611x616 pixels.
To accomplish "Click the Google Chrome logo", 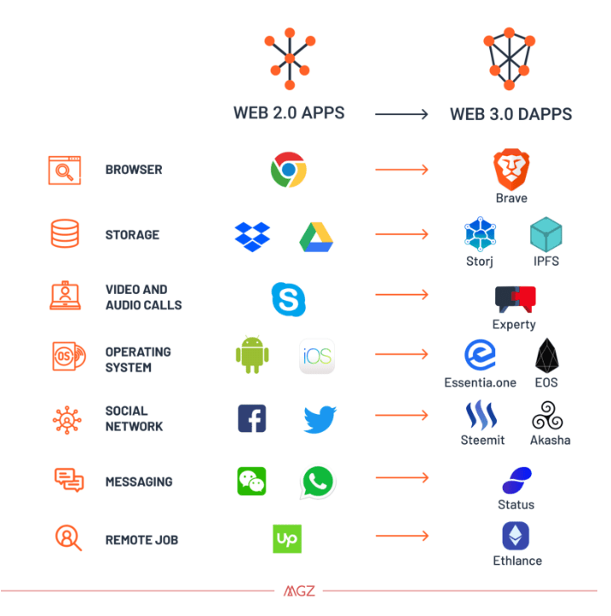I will click(x=288, y=170).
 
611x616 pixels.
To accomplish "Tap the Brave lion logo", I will click(x=511, y=169).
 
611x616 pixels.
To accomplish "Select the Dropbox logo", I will click(x=252, y=236).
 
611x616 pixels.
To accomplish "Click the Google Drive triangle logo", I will click(x=316, y=236).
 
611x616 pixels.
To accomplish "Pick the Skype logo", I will click(x=288, y=298).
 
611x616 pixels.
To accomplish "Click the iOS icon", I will click(x=317, y=356).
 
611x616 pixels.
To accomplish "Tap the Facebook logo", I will click(x=251, y=418).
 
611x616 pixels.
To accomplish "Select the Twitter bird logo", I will click(x=320, y=418).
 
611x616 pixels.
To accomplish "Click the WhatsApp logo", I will click(x=318, y=481).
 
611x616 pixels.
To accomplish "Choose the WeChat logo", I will click(x=251, y=481).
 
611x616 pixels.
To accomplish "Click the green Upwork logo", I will click(x=287, y=538).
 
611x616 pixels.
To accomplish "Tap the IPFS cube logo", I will click(x=545, y=235).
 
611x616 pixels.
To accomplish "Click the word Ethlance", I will click(x=516, y=561).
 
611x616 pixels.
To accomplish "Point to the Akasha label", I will click(x=550, y=440).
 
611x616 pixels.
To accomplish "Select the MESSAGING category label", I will click(x=139, y=481).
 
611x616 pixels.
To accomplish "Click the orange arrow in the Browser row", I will click(x=401, y=170).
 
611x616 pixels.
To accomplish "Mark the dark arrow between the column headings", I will click(x=401, y=113).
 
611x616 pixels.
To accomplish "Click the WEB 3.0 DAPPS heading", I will click(x=510, y=114).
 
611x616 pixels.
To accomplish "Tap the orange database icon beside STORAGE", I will click(x=65, y=234).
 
